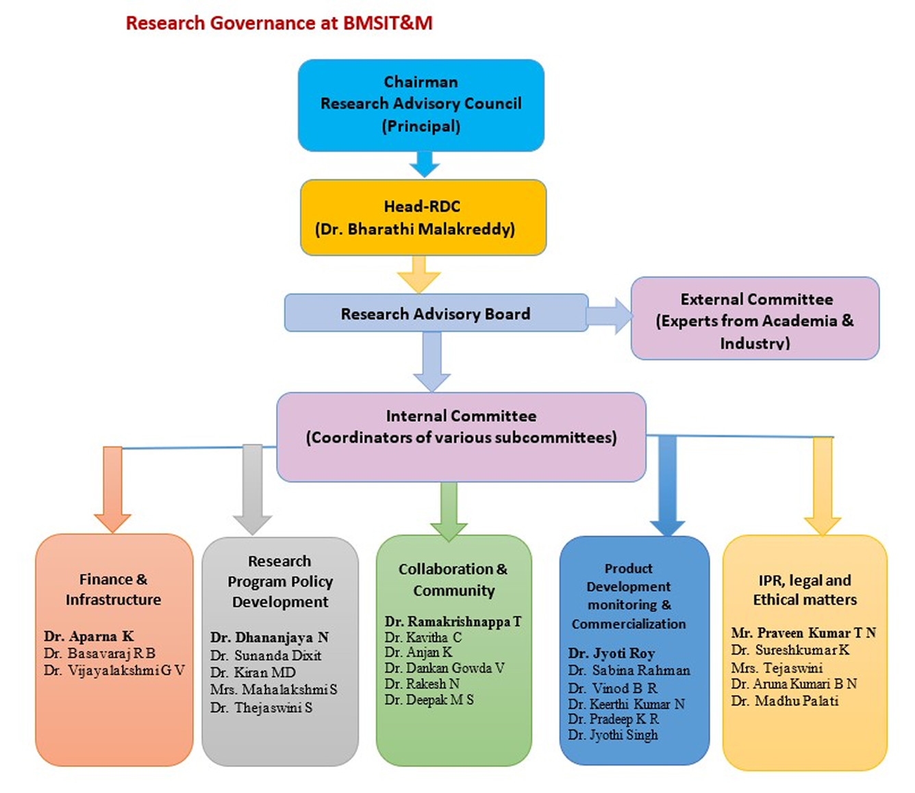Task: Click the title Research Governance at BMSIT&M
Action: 279,23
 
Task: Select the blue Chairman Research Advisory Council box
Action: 421,104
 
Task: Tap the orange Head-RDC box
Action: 423,217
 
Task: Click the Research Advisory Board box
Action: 436,314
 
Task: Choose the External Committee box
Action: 755,318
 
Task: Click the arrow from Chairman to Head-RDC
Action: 424,164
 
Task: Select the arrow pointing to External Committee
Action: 610,316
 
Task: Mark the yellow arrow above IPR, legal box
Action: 823,486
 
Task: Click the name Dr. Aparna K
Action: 89,636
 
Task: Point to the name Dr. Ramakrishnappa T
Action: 453,622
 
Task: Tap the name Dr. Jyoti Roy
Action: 612,653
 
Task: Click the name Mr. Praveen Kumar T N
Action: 803,633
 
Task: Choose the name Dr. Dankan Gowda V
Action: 444,668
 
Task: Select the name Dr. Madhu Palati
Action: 785,701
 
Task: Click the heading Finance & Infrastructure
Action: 113,589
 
